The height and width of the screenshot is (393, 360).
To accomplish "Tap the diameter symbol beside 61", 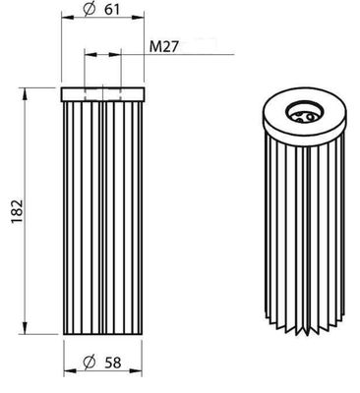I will [x=90, y=10].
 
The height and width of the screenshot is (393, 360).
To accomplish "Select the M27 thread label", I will [x=163, y=46].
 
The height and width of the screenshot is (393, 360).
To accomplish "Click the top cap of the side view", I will [x=103, y=94].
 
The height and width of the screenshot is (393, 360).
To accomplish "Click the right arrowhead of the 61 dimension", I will [x=143, y=22].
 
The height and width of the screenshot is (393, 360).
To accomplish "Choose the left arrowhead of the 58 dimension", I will [x=67, y=371].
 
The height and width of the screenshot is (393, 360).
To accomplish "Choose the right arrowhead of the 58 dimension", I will [x=141, y=371].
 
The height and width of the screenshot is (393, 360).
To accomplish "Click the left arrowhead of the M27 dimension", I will [x=87, y=55].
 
